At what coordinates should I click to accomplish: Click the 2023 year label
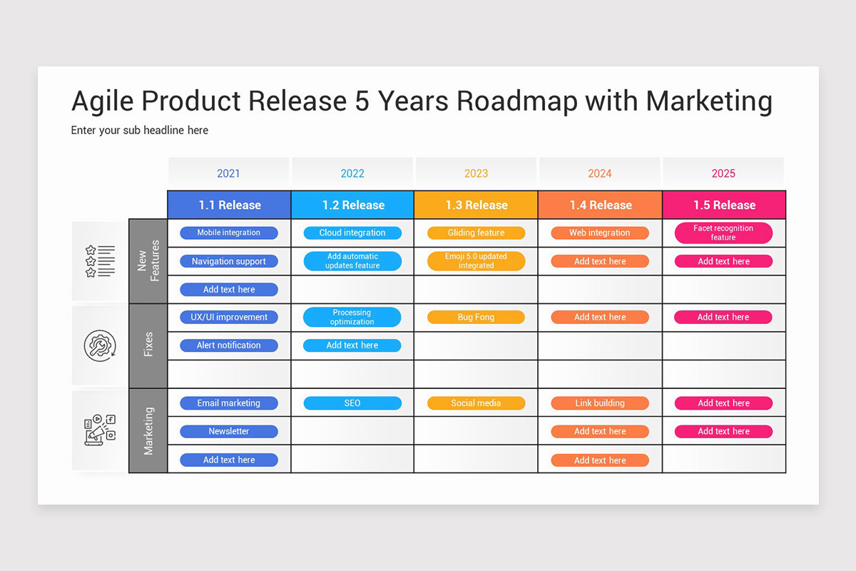476,173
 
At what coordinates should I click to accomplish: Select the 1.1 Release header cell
230,205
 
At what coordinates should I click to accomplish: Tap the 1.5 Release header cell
724,205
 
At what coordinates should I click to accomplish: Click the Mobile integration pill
229,233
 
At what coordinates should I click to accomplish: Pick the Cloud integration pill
352,233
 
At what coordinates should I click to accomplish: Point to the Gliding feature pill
476,233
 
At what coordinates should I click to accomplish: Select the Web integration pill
600,233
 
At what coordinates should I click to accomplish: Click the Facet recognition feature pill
723,233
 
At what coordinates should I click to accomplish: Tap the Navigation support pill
229,261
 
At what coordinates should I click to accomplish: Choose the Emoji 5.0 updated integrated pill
476,261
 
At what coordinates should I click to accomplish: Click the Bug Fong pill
476,317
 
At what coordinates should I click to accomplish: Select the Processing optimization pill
352,317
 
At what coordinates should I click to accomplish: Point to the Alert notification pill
229,345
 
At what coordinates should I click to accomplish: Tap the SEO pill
352,403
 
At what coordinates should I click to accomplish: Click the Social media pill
476,403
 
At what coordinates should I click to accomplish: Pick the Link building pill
600,403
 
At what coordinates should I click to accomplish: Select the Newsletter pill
229,431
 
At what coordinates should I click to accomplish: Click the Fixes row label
148,345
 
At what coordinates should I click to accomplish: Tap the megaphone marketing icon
100,430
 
